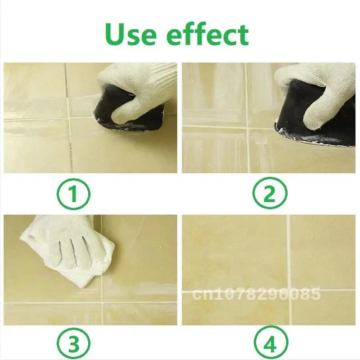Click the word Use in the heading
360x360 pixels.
[130, 35]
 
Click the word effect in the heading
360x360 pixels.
[207, 34]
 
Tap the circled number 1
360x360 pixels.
[73, 194]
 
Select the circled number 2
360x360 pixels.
[270, 193]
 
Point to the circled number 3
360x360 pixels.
[73, 343]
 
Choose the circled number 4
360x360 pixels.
[271, 343]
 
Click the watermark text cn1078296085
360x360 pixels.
[256, 294]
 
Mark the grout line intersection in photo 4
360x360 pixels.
[289, 291]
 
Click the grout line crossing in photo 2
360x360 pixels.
[247, 127]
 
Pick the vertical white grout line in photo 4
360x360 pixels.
[289, 270]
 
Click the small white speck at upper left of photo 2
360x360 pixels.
[193, 81]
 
